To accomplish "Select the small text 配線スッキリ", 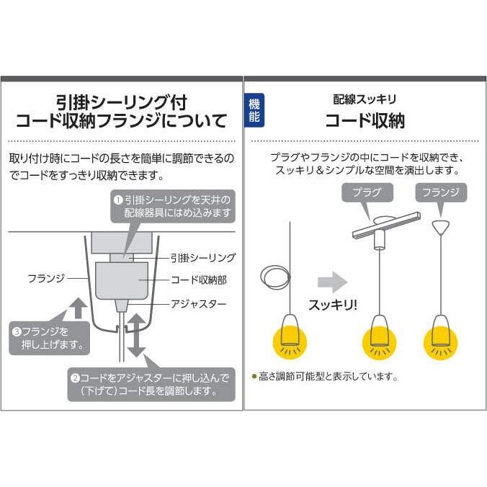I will click(365, 99).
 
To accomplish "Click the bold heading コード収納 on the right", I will click(365, 120).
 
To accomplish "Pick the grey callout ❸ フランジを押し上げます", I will click(49, 339).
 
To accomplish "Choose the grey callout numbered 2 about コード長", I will click(152, 385).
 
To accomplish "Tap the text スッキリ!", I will click(332, 304).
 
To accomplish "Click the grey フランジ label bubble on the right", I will click(441, 192).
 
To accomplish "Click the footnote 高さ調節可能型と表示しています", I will click(328, 376).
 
